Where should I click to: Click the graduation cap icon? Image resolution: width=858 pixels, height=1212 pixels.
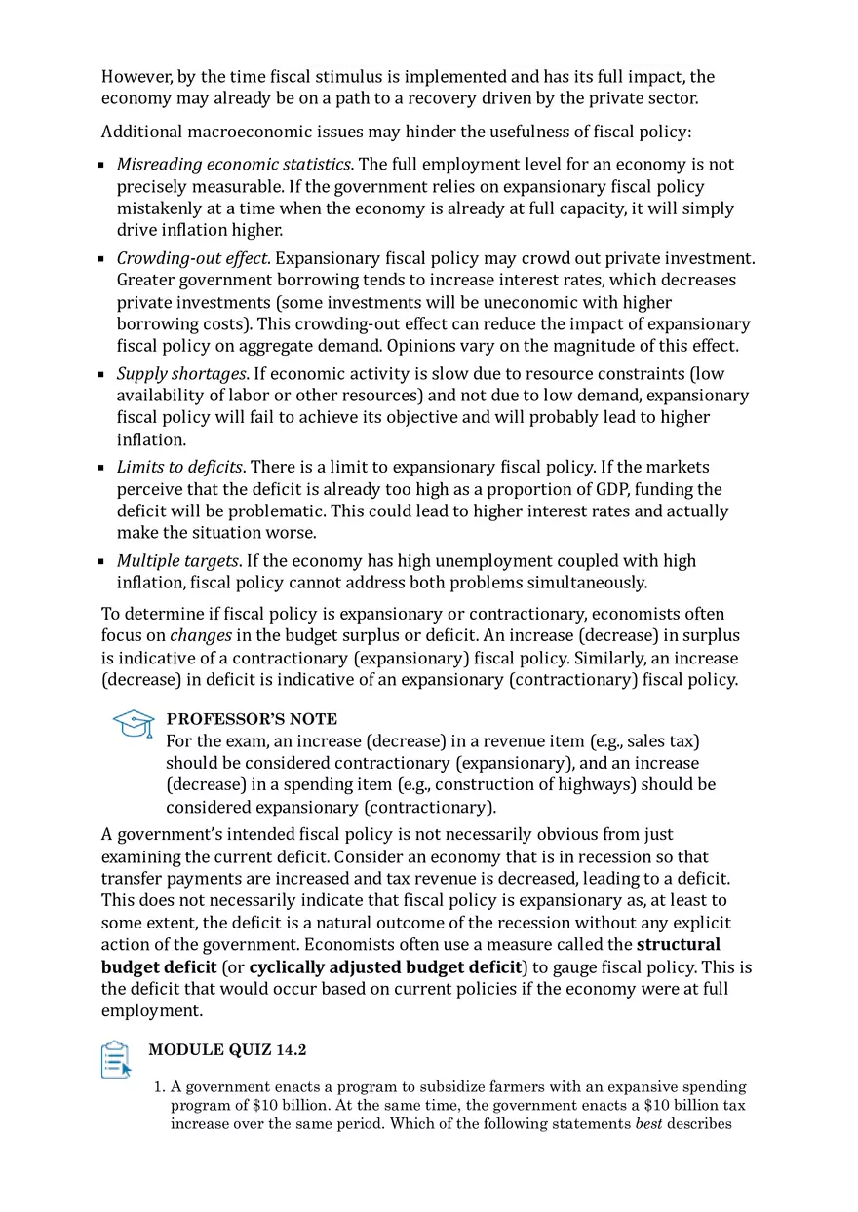[x=134, y=724]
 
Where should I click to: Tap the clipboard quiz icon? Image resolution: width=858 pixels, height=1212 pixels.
[x=115, y=1060]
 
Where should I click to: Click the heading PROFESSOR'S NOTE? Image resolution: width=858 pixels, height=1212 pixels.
[x=252, y=719]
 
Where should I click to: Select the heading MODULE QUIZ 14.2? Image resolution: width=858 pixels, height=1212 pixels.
[x=228, y=1049]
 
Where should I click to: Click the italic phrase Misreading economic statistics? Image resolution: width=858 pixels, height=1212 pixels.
[x=234, y=165]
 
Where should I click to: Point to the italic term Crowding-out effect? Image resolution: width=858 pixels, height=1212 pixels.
[x=192, y=258]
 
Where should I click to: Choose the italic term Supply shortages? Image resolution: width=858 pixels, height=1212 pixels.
[x=181, y=374]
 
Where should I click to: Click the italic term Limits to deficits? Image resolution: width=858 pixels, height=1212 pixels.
[x=179, y=468]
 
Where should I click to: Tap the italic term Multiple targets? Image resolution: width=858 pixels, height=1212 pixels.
[x=177, y=561]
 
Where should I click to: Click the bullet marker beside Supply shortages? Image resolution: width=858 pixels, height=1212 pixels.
[x=101, y=375]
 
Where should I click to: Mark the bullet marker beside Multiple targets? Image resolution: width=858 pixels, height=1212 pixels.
[x=101, y=562]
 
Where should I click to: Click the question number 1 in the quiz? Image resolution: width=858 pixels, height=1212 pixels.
[x=160, y=1086]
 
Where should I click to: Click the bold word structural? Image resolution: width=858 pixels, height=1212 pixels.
[x=679, y=945]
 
